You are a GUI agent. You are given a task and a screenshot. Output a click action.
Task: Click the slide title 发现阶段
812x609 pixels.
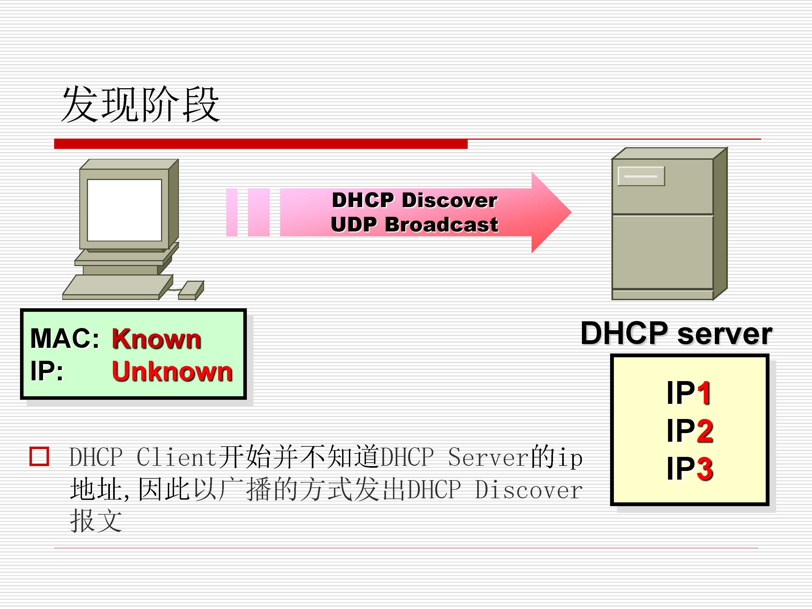[x=140, y=105]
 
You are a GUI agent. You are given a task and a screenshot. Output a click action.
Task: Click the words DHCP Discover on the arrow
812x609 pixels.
[x=414, y=201]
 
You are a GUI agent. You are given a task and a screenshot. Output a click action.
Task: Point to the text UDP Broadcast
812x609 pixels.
[x=414, y=225]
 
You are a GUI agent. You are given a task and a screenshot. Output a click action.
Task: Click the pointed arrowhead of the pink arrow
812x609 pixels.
[x=551, y=212]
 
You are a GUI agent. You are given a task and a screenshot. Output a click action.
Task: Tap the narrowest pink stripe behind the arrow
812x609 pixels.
[x=232, y=212]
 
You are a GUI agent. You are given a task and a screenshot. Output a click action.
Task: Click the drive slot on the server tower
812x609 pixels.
[x=641, y=176]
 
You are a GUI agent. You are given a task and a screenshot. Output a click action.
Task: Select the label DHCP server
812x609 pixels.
[x=676, y=333]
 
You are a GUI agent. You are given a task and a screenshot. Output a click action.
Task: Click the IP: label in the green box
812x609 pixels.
[x=47, y=371]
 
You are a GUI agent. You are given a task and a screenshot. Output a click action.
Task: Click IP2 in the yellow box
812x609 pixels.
[x=689, y=431]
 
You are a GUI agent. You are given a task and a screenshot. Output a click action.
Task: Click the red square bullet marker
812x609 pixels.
[x=39, y=456]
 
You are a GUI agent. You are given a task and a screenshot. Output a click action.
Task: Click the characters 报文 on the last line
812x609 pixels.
[x=96, y=520]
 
